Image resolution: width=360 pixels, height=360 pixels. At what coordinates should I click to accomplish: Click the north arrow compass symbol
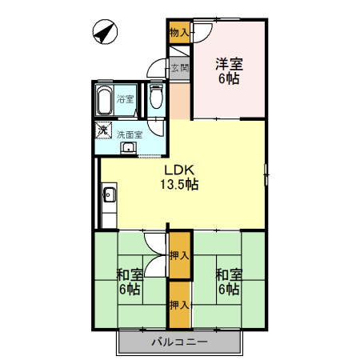(105, 32)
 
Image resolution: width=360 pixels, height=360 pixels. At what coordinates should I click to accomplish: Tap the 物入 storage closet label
(179, 33)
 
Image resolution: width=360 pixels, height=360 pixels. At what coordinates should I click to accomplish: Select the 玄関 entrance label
(180, 68)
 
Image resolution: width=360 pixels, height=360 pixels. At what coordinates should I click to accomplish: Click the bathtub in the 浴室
(104, 100)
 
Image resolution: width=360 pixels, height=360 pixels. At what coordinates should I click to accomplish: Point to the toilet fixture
(156, 97)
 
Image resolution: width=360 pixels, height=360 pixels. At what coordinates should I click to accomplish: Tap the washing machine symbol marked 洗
(103, 130)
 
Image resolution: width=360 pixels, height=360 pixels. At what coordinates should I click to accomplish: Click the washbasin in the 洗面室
(129, 148)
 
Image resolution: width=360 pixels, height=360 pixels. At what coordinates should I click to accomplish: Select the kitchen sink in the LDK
(110, 195)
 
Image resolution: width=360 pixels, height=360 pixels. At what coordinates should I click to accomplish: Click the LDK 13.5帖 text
(179, 177)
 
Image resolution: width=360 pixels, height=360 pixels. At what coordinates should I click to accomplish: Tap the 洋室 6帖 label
(229, 71)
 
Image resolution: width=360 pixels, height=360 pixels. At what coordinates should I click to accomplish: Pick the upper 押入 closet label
(179, 255)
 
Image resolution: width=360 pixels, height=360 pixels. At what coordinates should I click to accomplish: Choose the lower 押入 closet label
(179, 305)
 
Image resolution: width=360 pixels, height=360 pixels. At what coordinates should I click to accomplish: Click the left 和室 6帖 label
(130, 282)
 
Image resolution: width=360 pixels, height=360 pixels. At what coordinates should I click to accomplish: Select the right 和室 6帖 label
(229, 282)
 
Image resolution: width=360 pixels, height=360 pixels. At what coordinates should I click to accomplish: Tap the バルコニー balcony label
(179, 342)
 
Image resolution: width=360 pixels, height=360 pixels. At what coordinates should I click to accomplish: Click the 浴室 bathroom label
(125, 99)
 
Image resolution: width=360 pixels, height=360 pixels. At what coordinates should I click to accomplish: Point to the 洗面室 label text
(130, 134)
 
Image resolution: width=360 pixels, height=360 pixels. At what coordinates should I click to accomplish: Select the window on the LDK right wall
(266, 174)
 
